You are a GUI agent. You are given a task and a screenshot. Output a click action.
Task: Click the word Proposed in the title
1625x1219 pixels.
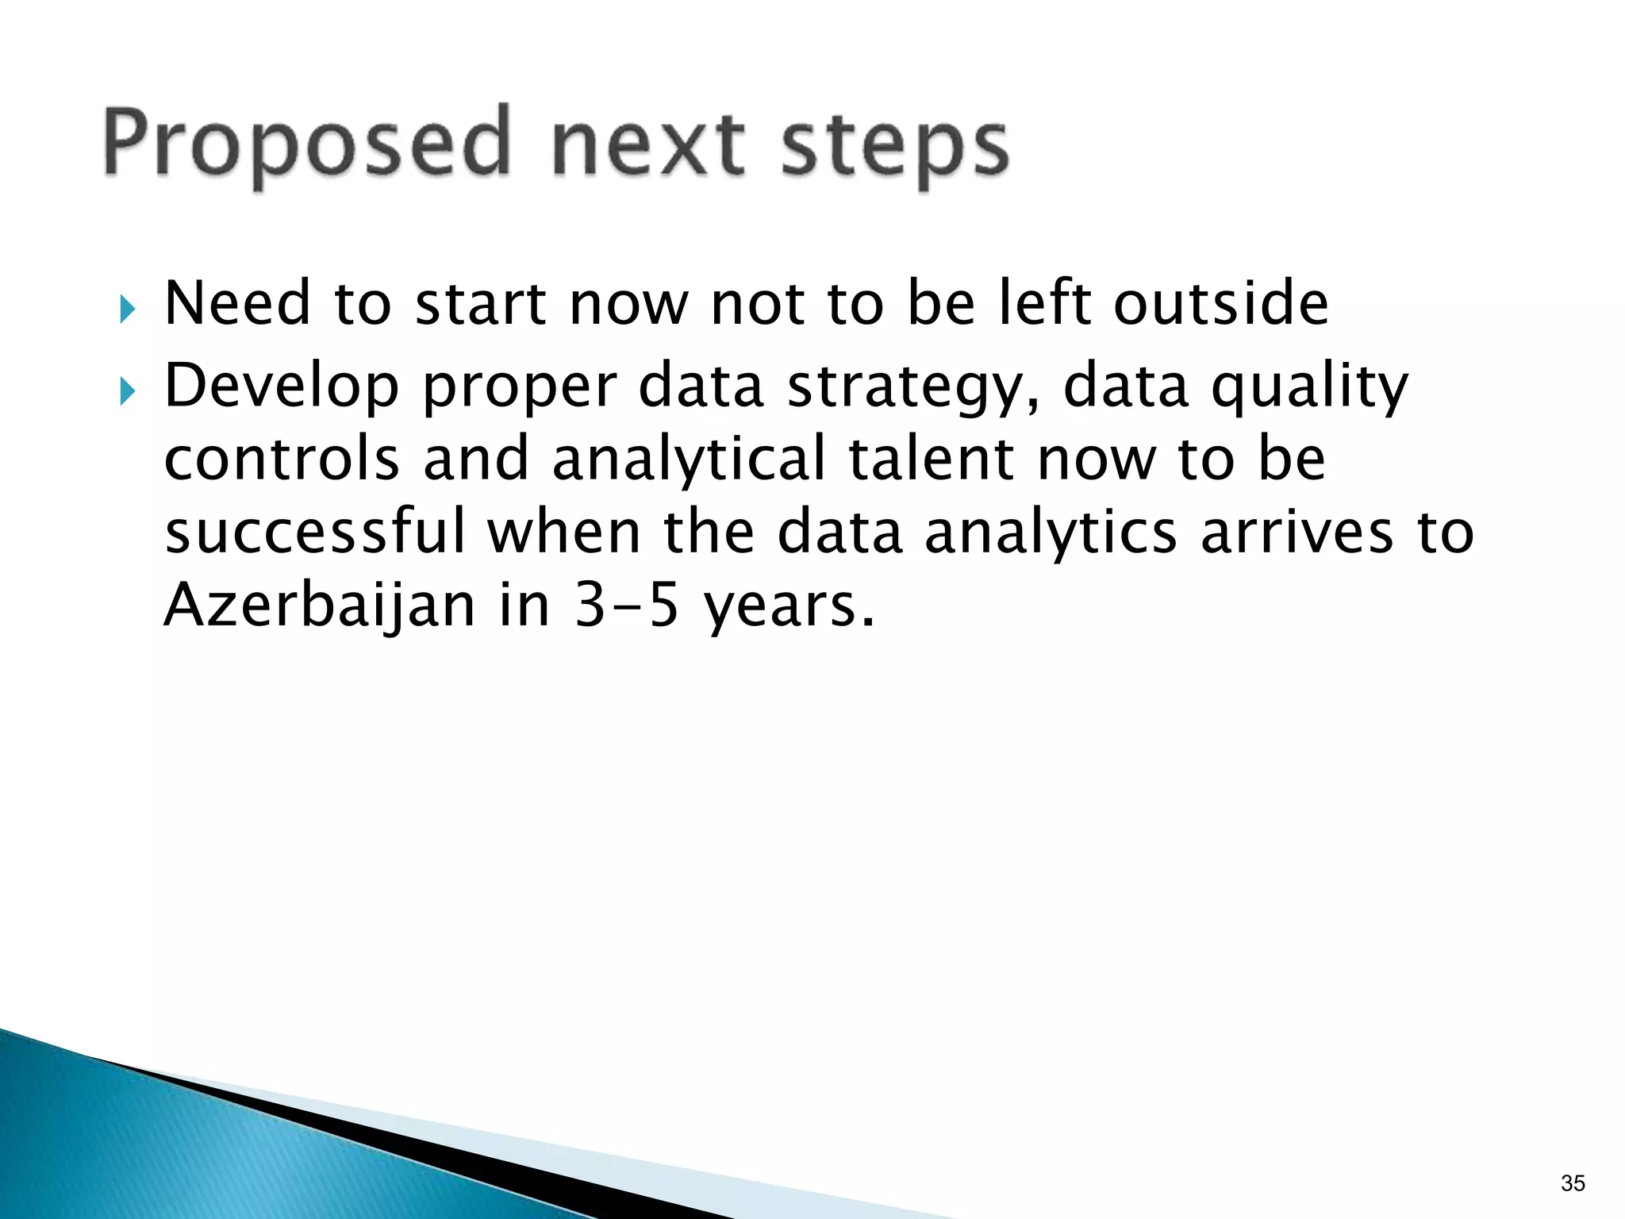click(x=305, y=143)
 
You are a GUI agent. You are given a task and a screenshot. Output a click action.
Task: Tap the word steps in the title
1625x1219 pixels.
click(x=894, y=147)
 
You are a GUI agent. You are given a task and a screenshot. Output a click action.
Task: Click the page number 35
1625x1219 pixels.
click(x=1573, y=1183)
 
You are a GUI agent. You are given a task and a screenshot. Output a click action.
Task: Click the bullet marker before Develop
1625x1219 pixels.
click(x=128, y=391)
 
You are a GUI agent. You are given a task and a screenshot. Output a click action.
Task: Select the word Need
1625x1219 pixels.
click(x=237, y=303)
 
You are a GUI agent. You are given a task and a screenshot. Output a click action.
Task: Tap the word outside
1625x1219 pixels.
click(x=1220, y=303)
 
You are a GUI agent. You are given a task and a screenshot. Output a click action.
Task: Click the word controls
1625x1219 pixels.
click(x=282, y=459)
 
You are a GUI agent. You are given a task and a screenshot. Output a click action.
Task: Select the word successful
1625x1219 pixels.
click(x=315, y=532)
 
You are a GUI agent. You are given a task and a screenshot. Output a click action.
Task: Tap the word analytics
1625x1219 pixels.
click(x=1051, y=533)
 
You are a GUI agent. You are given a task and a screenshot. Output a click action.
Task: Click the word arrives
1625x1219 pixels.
click(x=1297, y=532)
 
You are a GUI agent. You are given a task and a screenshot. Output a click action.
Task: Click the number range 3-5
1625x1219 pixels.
click(x=627, y=605)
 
